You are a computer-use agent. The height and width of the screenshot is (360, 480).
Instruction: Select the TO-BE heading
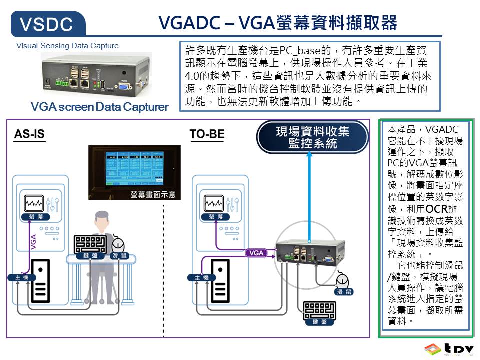click(207, 135)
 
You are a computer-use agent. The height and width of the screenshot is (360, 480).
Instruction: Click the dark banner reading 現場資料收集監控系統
click(313, 137)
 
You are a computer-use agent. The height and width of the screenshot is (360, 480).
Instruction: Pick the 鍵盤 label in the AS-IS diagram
click(90, 256)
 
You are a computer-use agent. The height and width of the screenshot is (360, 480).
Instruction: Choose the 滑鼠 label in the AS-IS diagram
click(119, 256)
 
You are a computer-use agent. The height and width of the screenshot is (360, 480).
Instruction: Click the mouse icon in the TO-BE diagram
click(342, 279)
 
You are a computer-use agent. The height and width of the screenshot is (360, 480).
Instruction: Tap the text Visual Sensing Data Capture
click(67, 46)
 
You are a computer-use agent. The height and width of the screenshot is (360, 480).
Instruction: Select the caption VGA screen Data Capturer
click(99, 107)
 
